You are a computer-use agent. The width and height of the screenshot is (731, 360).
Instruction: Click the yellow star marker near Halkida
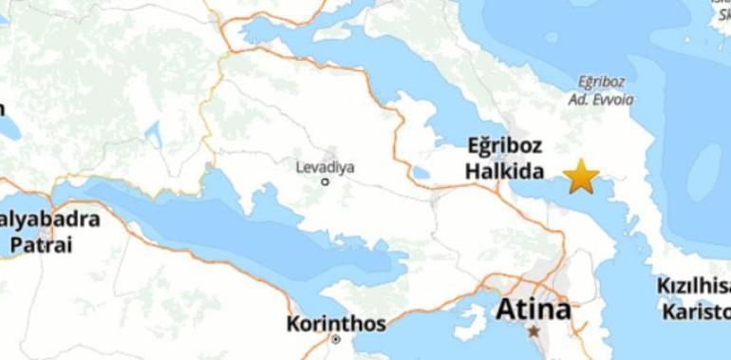click(x=581, y=176)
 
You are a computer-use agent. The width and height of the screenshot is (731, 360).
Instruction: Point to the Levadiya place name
click(x=325, y=167)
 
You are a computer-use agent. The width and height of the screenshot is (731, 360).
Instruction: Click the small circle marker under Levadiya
click(x=325, y=181)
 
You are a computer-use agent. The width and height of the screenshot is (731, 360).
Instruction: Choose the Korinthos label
click(x=336, y=324)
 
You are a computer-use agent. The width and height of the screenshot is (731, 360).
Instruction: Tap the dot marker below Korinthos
click(x=336, y=339)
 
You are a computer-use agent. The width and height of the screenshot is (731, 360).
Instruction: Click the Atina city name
click(x=534, y=310)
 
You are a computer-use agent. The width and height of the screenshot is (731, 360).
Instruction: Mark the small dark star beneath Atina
click(x=534, y=332)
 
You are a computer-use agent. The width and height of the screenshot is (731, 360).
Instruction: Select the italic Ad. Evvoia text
click(x=601, y=99)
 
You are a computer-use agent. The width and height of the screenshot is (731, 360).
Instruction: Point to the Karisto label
click(x=696, y=310)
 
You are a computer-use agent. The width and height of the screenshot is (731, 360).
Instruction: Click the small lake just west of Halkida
click(x=420, y=174)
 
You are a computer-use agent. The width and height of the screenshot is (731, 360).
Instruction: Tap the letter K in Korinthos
click(x=293, y=324)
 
